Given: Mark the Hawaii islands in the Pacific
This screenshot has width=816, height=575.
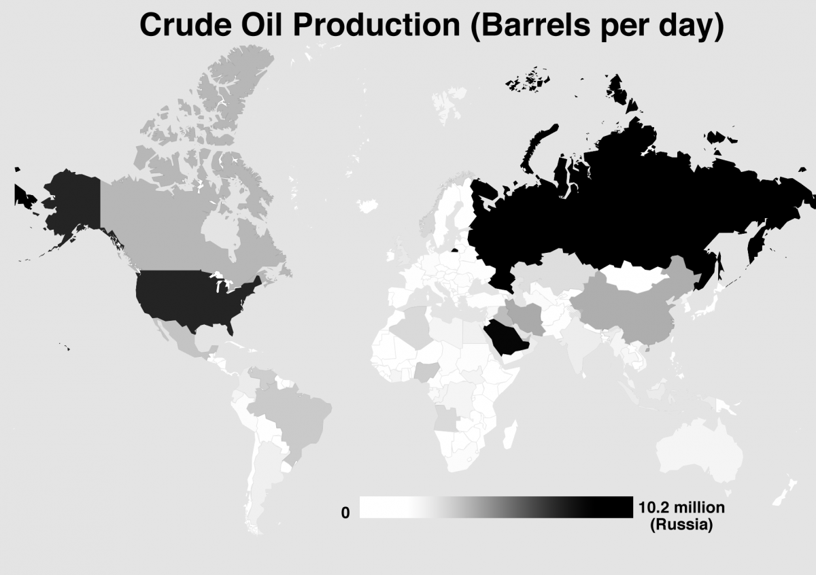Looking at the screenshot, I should [65, 348].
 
